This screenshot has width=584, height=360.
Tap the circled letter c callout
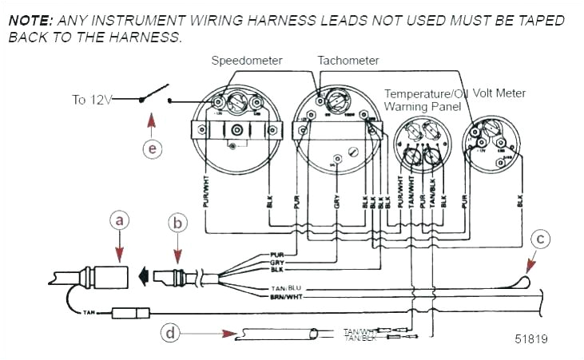[541, 238]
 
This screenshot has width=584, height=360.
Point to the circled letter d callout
[169, 332]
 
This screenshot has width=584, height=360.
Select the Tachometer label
[348, 61]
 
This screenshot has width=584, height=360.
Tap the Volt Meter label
[500, 93]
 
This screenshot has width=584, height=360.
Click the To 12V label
[92, 100]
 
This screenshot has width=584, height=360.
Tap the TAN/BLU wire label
[285, 287]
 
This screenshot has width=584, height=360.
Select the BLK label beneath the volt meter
[519, 198]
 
